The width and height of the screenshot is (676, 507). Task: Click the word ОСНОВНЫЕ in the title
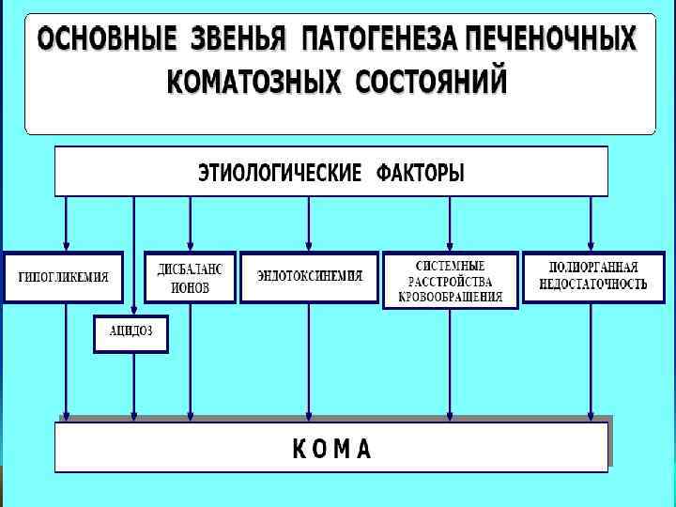(106, 40)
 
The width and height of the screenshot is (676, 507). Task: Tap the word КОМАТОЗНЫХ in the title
(253, 82)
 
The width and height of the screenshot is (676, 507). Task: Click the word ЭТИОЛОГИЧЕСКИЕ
(280, 174)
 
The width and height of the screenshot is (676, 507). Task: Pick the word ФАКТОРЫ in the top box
(421, 174)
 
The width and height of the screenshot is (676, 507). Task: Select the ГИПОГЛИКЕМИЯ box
(64, 277)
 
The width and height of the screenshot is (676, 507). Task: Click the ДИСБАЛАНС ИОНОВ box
(191, 277)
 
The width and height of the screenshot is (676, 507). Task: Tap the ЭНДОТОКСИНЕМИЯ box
(309, 277)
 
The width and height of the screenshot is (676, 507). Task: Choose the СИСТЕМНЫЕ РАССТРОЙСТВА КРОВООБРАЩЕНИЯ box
(451, 281)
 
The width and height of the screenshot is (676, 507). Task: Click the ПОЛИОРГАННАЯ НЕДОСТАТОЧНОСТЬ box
(592, 277)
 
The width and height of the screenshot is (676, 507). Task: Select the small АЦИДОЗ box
(131, 333)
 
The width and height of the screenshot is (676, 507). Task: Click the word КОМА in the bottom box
(331, 450)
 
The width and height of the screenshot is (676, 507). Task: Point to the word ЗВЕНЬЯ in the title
(239, 40)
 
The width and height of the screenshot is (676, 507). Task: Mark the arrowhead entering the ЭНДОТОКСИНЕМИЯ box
(309, 246)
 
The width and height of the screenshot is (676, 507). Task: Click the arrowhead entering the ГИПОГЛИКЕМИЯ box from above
(65, 246)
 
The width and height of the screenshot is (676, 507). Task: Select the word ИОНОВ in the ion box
(191, 288)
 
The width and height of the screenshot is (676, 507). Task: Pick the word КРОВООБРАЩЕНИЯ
(451, 297)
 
